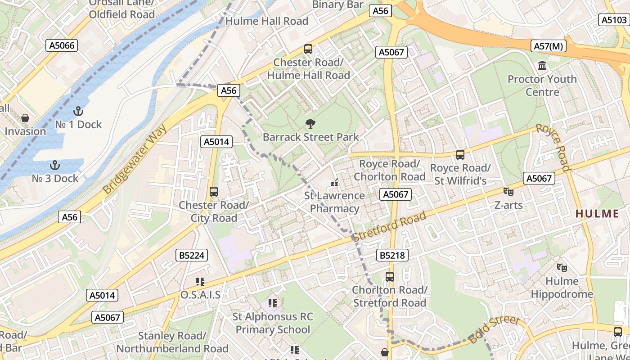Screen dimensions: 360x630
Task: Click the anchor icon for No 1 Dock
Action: tap(78, 111)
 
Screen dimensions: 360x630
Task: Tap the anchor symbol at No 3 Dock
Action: tap(55, 165)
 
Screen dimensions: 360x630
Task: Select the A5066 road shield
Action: tap(62, 45)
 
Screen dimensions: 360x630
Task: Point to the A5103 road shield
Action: tap(614, 20)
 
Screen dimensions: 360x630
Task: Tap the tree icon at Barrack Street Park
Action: tap(310, 124)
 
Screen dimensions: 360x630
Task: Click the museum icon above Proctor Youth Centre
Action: tap(542, 66)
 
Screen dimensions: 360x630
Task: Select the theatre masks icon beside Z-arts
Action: tap(508, 192)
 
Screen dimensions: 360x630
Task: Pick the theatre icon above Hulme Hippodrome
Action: tap(562, 268)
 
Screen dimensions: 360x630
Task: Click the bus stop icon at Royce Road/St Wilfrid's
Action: tap(460, 155)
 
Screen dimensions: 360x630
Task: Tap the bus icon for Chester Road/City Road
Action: tap(214, 192)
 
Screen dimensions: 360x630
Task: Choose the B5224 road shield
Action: tap(192, 256)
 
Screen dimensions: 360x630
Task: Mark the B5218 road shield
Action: tap(392, 256)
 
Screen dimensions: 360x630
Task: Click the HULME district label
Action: tap(597, 214)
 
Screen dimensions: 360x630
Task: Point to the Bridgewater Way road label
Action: tap(135, 160)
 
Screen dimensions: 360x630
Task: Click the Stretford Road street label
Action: tap(389, 226)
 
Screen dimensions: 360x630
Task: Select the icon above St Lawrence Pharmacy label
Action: tap(334, 183)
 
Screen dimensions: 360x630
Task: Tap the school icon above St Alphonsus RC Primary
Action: tap(272, 303)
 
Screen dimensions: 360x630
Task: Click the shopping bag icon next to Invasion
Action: tap(25, 118)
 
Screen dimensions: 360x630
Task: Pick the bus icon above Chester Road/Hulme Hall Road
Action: tap(308, 49)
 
